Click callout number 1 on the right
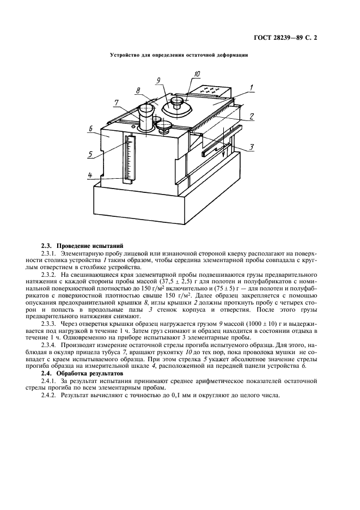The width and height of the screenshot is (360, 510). point(252,87)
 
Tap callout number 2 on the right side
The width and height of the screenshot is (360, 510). point(252,116)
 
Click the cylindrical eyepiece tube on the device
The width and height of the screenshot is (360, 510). point(148,117)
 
